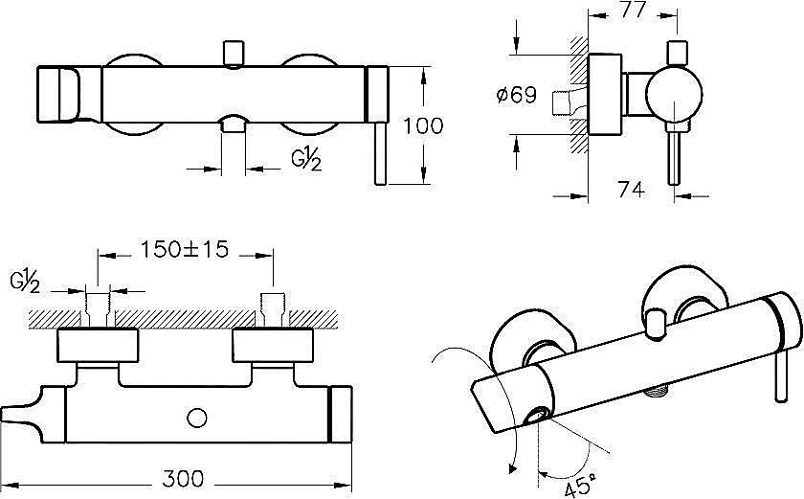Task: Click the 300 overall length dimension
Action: click(x=183, y=479)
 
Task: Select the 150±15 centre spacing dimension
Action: click(x=185, y=249)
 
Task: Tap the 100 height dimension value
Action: click(x=423, y=125)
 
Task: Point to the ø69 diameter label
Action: click(x=517, y=95)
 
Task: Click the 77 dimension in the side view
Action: click(x=632, y=10)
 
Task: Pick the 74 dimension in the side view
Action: click(x=631, y=190)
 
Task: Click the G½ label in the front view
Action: click(x=306, y=158)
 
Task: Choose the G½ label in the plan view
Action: click(x=25, y=282)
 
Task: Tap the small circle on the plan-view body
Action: click(x=197, y=418)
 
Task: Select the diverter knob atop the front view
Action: click(x=234, y=55)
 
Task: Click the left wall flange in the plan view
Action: click(x=98, y=346)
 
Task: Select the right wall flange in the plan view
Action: click(x=273, y=346)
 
